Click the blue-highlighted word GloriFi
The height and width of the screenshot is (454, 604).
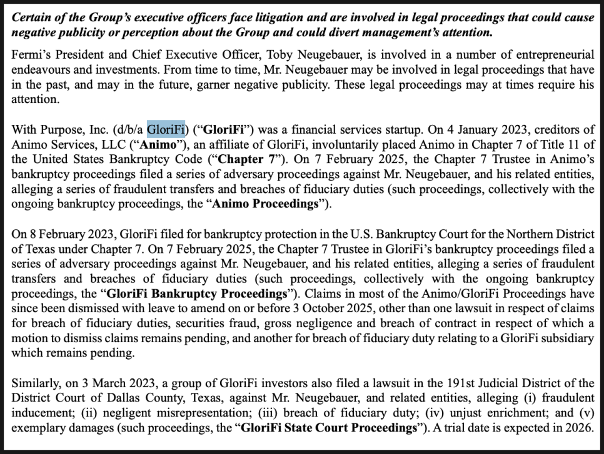click(166, 129)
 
